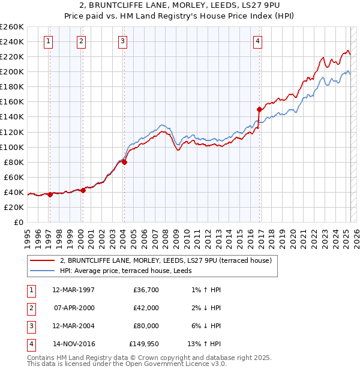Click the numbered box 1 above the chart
pyautogui.click(x=47, y=41)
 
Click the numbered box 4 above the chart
pyautogui.click(x=257, y=41)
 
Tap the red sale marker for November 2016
pyautogui.click(x=259, y=109)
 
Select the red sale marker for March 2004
pyautogui.click(x=124, y=161)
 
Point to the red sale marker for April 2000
pyautogui.click(x=83, y=190)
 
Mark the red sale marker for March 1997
pyautogui.click(x=50, y=194)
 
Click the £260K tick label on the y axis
pyautogui.click(x=11, y=27)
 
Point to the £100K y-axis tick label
pyautogui.click(x=11, y=147)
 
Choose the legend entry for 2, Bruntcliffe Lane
pyautogui.click(x=166, y=260)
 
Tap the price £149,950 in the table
pyautogui.click(x=144, y=344)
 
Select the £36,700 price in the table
pyautogui.click(x=146, y=290)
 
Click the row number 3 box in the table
pyautogui.click(x=31, y=326)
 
